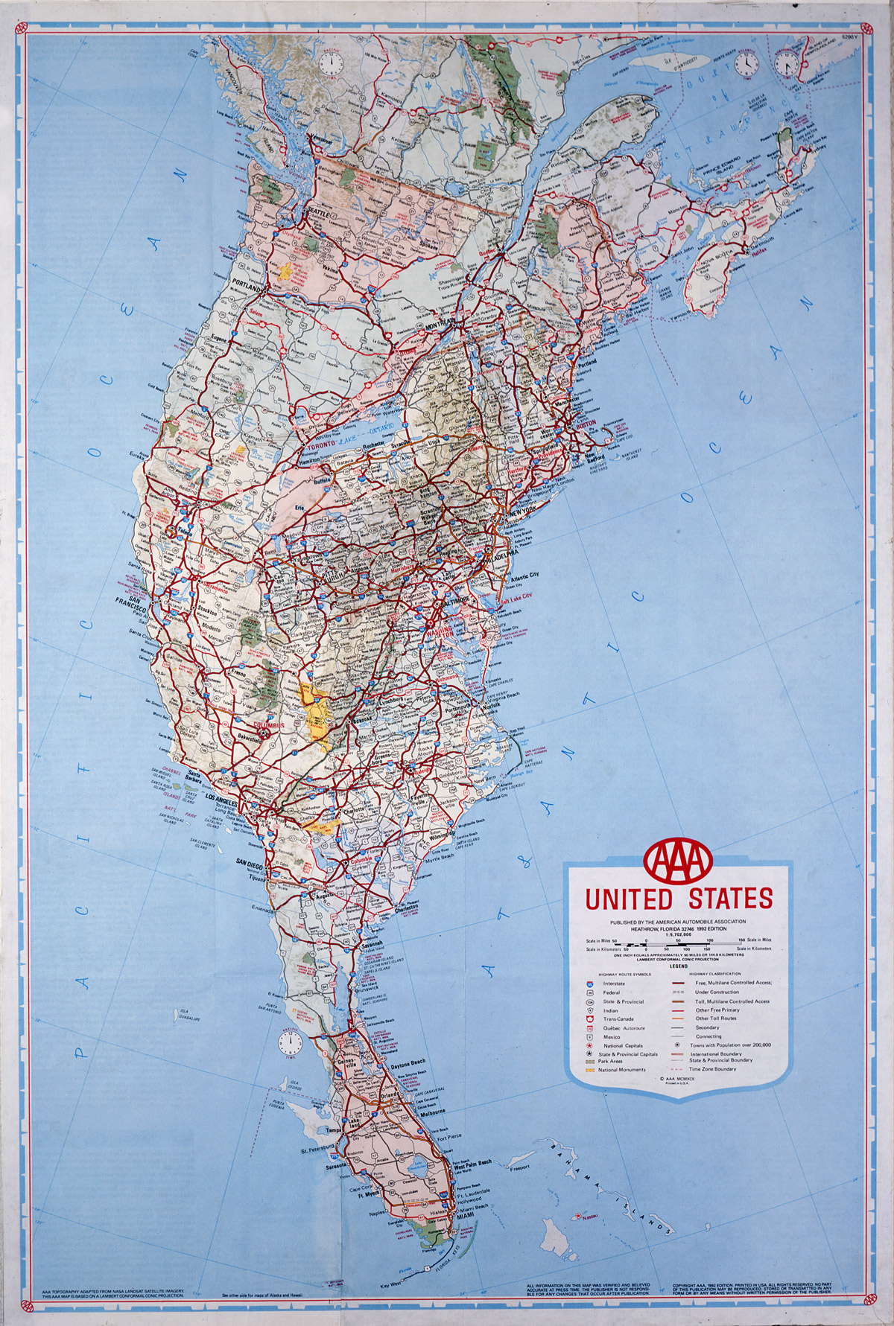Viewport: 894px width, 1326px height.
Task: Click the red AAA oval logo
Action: tap(678, 858)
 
